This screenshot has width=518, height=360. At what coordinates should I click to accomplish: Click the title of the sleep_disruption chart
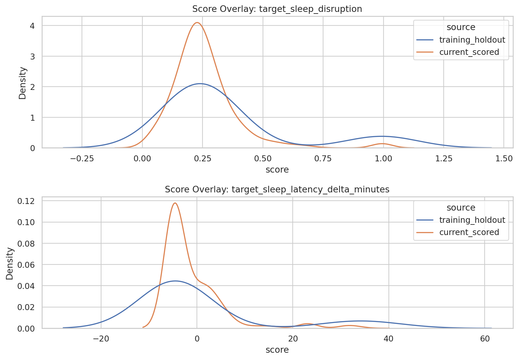[x=277, y=9]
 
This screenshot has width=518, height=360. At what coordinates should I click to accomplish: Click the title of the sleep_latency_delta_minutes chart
[x=277, y=189]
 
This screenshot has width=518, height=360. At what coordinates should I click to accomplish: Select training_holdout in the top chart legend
[x=472, y=40]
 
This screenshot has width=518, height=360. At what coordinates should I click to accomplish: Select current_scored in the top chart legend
[x=469, y=52]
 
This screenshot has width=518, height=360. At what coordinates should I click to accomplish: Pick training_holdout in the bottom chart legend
[x=472, y=220]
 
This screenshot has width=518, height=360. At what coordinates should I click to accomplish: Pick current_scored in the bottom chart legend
[x=469, y=232]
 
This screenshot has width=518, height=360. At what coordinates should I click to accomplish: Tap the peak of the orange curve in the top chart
[x=197, y=22]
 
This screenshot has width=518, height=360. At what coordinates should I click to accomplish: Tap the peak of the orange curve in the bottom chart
[x=175, y=203]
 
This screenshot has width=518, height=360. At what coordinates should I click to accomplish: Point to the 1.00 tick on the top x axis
[x=383, y=158]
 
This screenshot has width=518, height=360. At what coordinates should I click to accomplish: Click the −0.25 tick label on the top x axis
[x=82, y=158]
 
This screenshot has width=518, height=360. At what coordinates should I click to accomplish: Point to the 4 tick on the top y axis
[x=32, y=26]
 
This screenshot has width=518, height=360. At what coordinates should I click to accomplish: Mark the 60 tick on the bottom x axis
[x=485, y=339]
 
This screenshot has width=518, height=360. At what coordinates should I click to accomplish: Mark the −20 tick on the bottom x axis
[x=101, y=339]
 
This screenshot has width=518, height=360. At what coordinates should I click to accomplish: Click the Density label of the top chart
[x=22, y=83]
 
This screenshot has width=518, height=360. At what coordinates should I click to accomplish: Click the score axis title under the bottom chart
[x=277, y=350]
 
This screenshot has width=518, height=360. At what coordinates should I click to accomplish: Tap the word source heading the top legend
[x=461, y=27]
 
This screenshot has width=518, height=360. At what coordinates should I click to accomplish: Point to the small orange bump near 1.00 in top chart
[x=383, y=143]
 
